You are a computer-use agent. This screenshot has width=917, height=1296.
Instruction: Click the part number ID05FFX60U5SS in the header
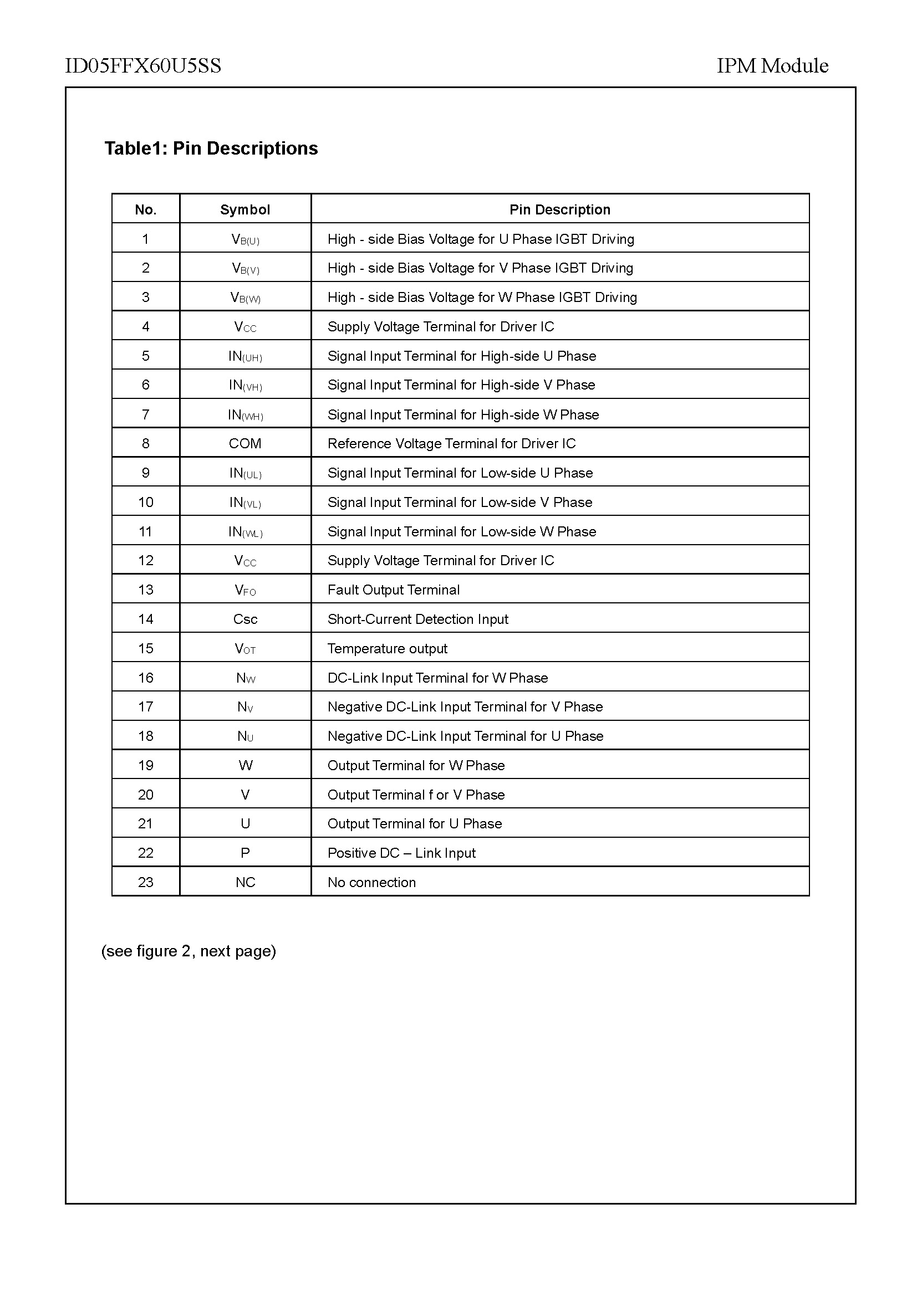click(x=143, y=66)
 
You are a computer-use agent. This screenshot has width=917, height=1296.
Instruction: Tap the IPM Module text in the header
click(x=772, y=66)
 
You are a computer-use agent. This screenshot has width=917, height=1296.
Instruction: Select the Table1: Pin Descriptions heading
click(x=211, y=148)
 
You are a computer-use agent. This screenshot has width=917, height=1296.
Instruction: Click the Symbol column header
click(x=245, y=209)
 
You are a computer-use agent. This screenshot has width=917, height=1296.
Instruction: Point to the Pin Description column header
click(x=559, y=209)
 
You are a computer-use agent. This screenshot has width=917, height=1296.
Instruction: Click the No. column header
click(x=146, y=209)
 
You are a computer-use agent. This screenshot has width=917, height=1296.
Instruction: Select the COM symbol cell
click(x=245, y=444)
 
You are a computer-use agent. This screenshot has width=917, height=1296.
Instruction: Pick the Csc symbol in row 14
click(x=245, y=619)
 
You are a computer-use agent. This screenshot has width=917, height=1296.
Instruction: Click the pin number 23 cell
click(x=146, y=882)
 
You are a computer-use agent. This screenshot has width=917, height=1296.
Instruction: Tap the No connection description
click(x=371, y=882)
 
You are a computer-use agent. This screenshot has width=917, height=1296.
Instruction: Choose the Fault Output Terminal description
click(x=394, y=590)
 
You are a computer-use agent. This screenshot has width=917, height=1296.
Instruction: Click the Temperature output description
click(x=388, y=649)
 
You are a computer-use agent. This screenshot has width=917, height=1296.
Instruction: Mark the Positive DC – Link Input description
click(x=401, y=853)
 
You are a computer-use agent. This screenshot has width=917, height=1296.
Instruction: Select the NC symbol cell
click(x=245, y=882)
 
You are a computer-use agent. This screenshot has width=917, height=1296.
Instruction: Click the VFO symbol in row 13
click(x=245, y=591)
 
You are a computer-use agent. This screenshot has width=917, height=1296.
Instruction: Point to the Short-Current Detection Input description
click(x=418, y=619)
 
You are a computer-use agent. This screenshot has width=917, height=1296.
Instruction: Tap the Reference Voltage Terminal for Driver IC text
click(x=452, y=444)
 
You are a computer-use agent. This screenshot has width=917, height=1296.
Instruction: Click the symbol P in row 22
click(x=245, y=853)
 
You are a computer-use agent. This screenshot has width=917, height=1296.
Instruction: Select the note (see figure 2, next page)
click(x=189, y=951)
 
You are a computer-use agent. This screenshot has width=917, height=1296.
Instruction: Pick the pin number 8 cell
click(x=146, y=444)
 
